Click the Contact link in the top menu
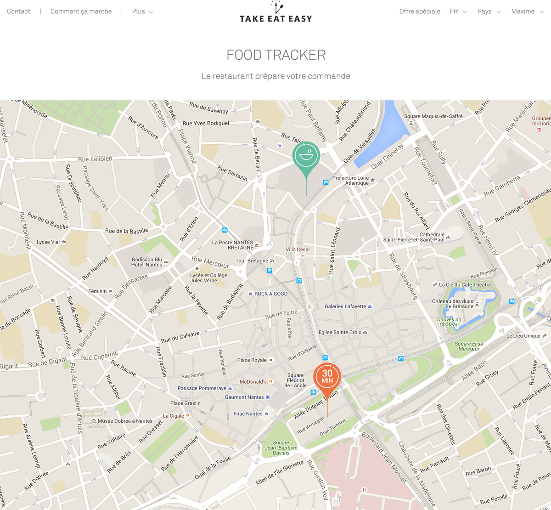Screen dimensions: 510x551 pos(18,11)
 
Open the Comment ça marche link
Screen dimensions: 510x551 pos(81,11)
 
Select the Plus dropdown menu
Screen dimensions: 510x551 pos(142,11)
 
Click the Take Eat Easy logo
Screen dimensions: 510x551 pos(275,13)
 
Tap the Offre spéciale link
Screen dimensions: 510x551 pos(420,11)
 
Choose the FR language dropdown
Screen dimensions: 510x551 pos(458,11)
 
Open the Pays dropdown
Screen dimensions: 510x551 pos(489,11)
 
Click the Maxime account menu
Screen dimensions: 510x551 pos(527,11)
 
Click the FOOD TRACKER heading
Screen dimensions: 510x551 pos(275,55)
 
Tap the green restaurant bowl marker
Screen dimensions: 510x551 pos(306,156)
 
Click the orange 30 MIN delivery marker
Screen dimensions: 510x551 pos(327,377)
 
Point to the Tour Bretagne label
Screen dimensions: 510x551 pos(252,261)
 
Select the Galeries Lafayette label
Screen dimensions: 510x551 pos(345,306)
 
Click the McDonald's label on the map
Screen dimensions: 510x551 pos(253,382)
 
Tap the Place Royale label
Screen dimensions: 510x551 pos(252,360)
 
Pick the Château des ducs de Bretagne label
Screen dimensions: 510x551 pos(452,304)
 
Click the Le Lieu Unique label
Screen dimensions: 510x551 pos(523,336)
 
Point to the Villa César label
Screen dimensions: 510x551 pos(298,249)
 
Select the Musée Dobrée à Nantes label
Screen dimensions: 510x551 pos(125,421)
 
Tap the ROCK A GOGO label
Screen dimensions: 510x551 pos(271,294)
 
